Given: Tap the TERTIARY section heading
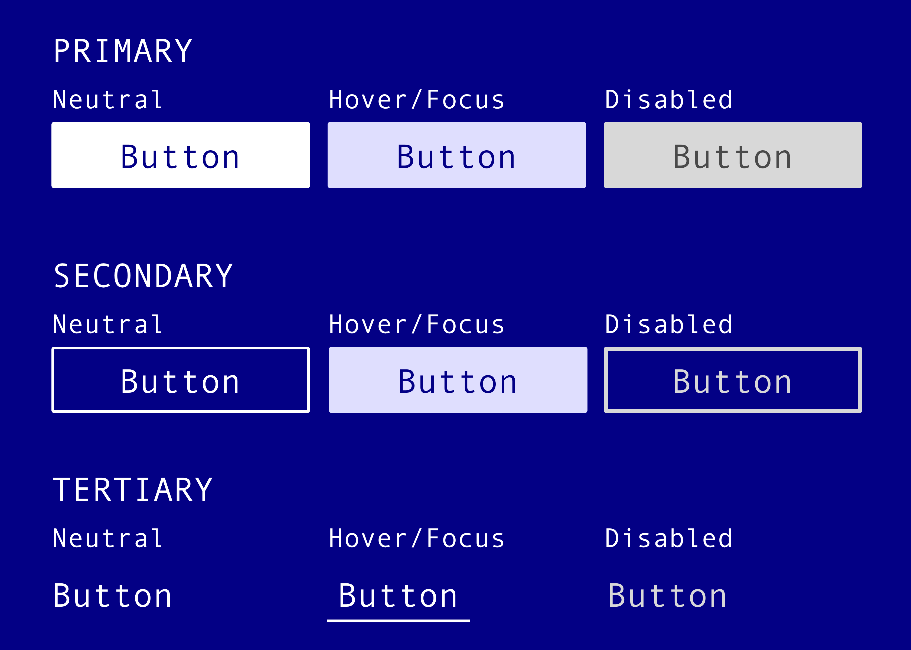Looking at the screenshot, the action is [x=133, y=490].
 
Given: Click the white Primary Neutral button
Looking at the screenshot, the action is [x=180, y=155].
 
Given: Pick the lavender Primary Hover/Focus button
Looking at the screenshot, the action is [x=456, y=155].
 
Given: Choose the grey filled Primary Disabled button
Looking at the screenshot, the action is [x=733, y=155].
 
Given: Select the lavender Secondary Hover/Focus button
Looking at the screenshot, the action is [x=458, y=380].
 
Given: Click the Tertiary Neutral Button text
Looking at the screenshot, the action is [x=112, y=596].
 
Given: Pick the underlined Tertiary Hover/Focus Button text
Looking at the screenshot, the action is [x=398, y=596].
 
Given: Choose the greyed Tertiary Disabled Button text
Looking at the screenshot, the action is [x=667, y=596].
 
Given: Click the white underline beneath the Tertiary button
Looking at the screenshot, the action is [x=398, y=621].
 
